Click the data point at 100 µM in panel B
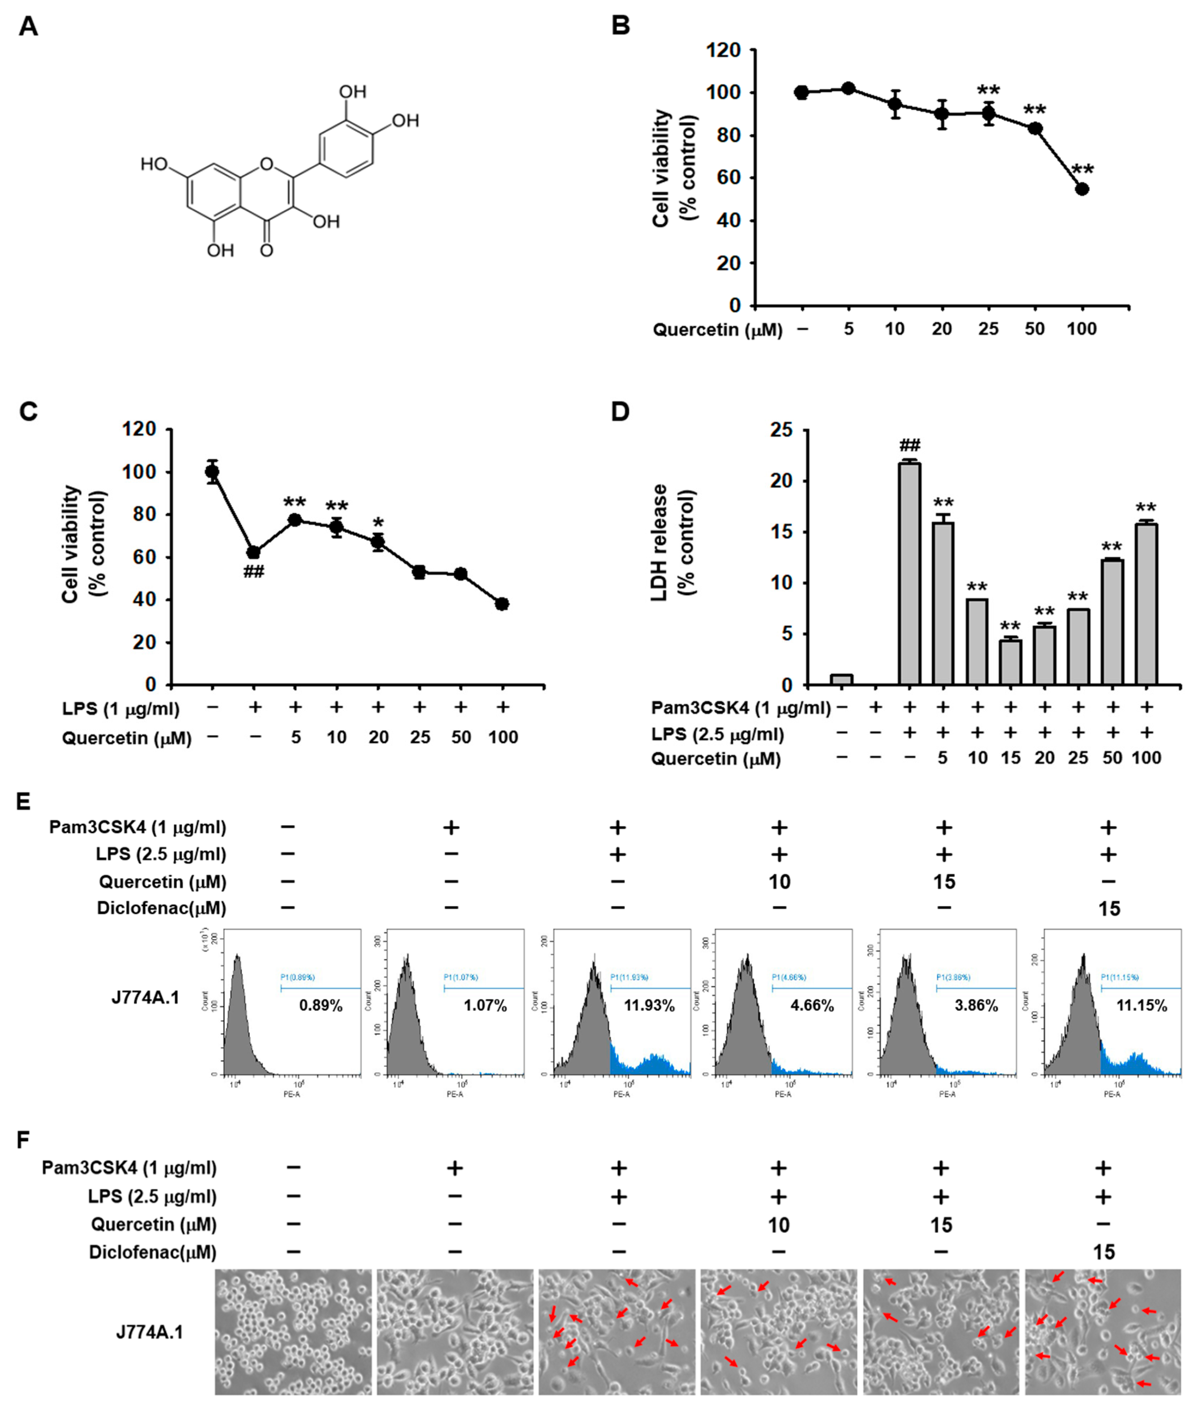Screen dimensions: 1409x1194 click(1082, 189)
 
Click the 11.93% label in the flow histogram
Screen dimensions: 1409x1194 click(649, 1005)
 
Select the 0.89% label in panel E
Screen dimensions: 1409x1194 click(321, 1005)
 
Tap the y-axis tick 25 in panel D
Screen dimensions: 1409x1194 click(784, 430)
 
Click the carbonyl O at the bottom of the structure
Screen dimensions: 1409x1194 click(267, 251)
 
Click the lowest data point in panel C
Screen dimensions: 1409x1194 click(502, 604)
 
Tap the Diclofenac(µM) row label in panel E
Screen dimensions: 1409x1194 click(161, 908)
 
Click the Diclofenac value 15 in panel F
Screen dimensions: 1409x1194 click(1103, 1253)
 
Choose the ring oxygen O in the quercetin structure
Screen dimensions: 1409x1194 click(267, 163)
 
